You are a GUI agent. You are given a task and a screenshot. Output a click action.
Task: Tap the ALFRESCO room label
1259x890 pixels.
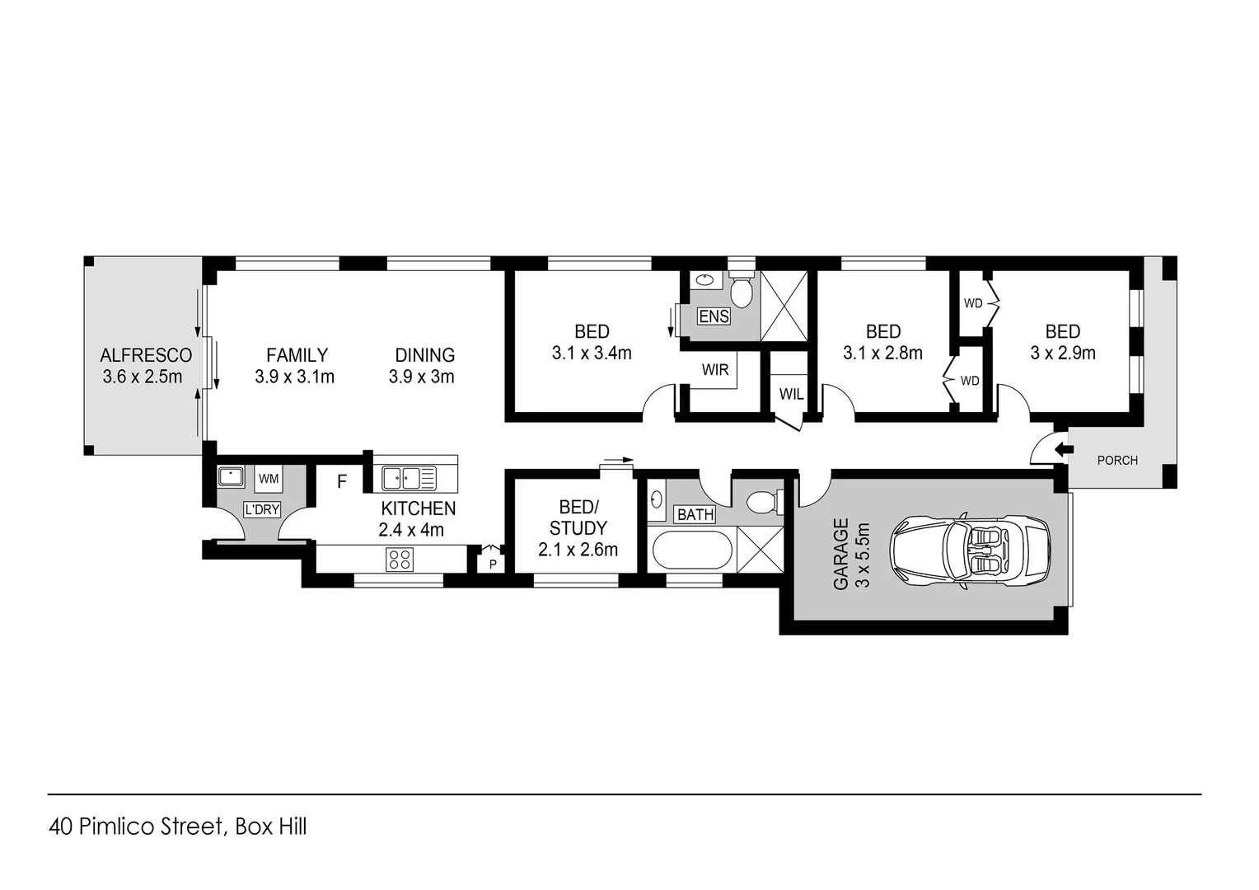click(x=146, y=355)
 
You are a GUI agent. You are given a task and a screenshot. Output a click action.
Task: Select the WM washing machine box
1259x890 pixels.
click(x=269, y=478)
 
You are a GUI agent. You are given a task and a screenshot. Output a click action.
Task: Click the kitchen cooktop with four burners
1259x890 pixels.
click(x=400, y=560)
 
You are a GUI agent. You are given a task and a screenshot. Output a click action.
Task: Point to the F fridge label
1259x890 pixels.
click(x=342, y=481)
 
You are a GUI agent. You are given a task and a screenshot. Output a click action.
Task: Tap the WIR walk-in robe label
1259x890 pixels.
click(x=714, y=370)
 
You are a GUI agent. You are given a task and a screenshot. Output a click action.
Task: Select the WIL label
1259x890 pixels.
click(x=791, y=395)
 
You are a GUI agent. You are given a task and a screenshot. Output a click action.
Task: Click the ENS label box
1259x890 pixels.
click(x=714, y=316)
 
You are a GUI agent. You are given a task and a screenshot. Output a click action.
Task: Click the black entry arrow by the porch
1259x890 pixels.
click(x=1064, y=449)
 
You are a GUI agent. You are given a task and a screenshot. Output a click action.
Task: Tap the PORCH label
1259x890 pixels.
click(x=1116, y=460)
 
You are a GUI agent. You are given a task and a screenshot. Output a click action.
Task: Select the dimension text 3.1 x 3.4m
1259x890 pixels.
click(x=591, y=354)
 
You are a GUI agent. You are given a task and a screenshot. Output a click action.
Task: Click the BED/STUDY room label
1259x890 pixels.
click(x=578, y=518)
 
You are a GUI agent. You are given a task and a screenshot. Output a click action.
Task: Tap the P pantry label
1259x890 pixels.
click(x=493, y=564)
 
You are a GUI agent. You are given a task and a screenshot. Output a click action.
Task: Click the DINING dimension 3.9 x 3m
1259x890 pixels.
click(x=421, y=377)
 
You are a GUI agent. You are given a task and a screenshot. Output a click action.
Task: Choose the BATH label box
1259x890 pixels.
click(x=695, y=515)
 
